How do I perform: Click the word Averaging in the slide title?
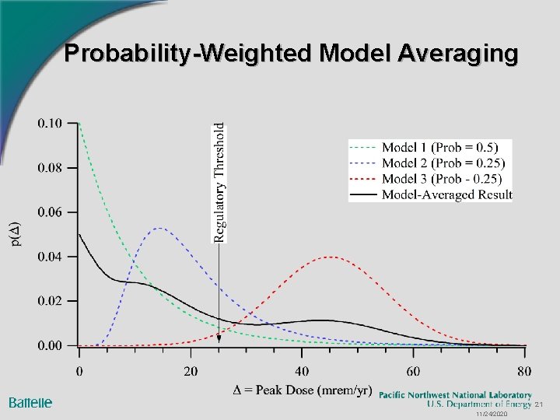point(457,54)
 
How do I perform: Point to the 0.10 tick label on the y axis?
point(49,123)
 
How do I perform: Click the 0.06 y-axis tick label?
point(49,212)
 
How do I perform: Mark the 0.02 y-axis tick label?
point(49,301)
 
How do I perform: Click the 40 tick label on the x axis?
point(302,371)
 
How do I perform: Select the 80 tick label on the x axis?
point(525,371)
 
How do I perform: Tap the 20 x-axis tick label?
point(191,371)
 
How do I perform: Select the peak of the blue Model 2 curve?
point(159,228)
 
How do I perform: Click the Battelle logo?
point(30,402)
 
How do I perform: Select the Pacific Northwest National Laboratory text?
point(455,395)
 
